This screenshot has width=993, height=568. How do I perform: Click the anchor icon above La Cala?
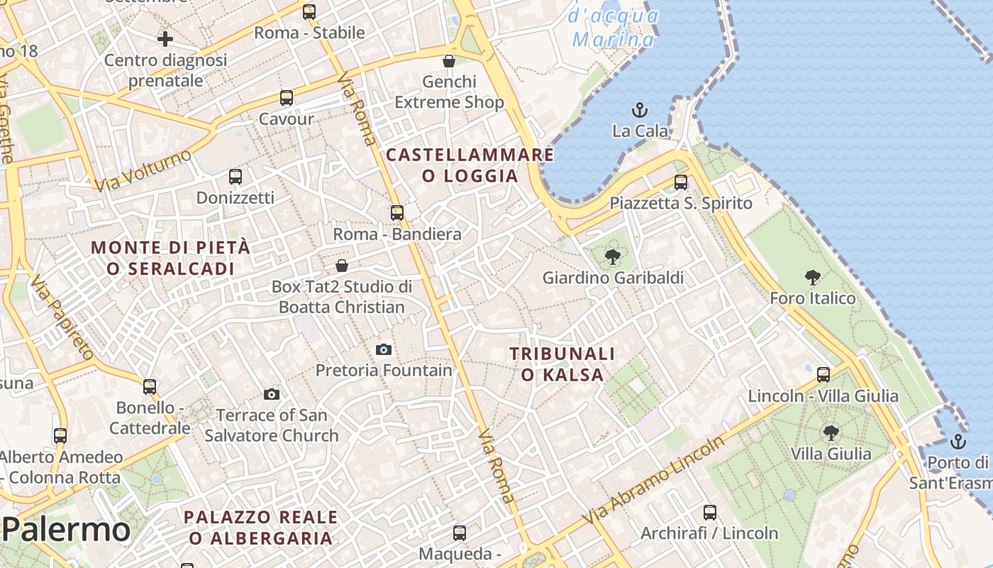tap(640, 110)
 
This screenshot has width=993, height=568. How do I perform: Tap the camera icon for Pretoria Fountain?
tap(383, 349)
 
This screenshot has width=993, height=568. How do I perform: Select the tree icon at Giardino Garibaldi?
tap(612, 257)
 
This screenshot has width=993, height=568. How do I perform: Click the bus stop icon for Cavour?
tap(287, 98)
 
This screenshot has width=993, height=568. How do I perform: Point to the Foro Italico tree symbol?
tap(813, 277)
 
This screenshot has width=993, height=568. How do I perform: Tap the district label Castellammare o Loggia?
tap(470, 165)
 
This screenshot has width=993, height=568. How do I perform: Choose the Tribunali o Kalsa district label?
tap(562, 364)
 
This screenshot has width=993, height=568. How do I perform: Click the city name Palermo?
tap(66, 530)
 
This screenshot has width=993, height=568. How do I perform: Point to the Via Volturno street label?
tap(144, 170)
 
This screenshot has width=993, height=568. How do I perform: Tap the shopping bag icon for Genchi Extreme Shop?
tap(448, 61)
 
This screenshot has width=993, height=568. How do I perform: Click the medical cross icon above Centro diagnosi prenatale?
tap(165, 38)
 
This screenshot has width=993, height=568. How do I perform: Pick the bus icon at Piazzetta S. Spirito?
tap(681, 182)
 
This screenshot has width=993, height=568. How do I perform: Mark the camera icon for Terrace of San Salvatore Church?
tap(272, 394)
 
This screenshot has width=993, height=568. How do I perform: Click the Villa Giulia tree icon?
tap(831, 432)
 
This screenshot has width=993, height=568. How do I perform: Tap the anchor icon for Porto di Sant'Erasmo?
tap(958, 442)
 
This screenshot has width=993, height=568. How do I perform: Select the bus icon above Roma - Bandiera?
tap(397, 212)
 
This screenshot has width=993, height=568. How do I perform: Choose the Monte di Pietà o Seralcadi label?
tap(170, 258)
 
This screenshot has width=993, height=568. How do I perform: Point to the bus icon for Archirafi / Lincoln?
tap(710, 512)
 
